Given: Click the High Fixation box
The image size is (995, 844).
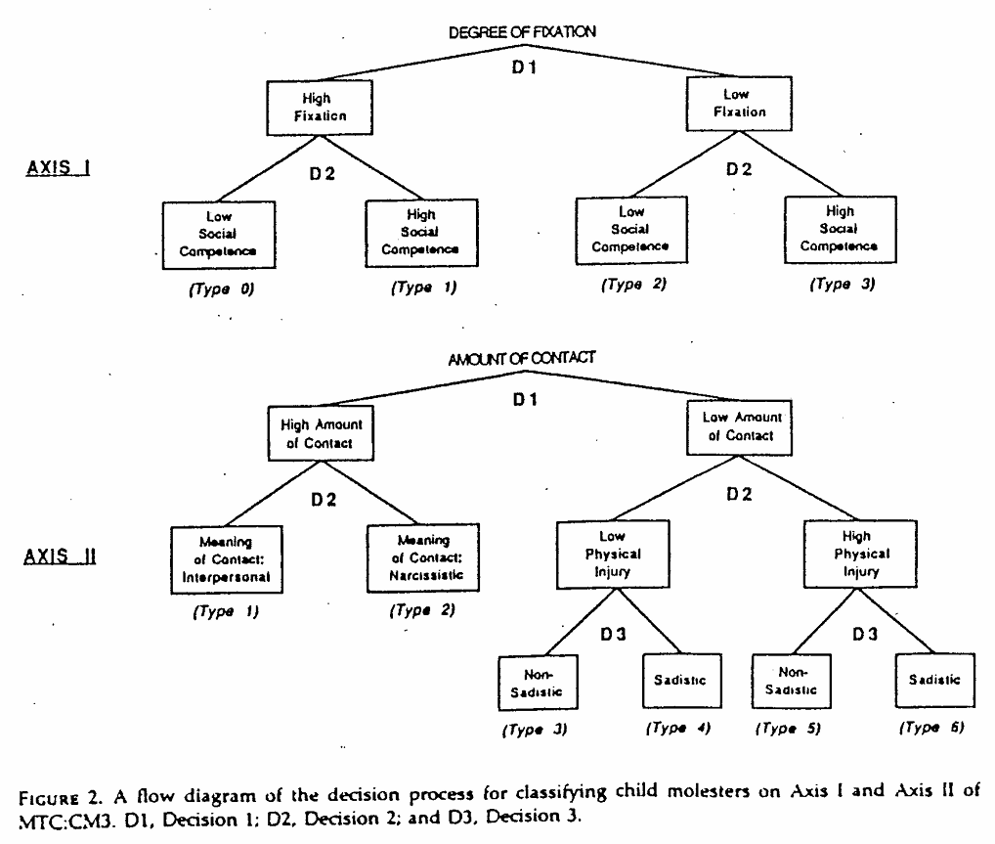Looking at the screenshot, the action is (320, 108).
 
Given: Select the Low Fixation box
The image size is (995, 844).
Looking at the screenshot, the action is (739, 104).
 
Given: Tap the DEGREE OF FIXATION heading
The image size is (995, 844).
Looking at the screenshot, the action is (522, 31).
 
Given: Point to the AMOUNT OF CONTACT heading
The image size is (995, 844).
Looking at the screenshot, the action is (522, 359).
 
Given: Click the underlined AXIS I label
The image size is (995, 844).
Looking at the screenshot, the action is (58, 168).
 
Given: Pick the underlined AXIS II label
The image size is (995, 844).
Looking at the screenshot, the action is (60, 556).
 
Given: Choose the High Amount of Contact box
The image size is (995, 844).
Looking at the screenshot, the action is (321, 433).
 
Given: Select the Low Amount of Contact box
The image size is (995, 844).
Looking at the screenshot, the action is (739, 427).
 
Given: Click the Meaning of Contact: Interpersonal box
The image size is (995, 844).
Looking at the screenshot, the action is (227, 559).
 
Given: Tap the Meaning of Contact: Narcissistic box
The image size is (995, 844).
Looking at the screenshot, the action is (423, 557).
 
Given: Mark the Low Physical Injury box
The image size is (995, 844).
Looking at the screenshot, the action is (613, 555).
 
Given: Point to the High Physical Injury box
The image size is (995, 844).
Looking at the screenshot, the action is (860, 555).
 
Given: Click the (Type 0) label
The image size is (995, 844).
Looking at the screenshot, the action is (222, 289).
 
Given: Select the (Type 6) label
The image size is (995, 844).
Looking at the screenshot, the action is (931, 728).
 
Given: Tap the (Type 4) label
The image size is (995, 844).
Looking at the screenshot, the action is (678, 728).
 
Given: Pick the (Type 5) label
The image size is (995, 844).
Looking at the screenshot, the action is (788, 729).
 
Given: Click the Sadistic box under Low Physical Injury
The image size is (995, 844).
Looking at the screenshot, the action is (682, 681).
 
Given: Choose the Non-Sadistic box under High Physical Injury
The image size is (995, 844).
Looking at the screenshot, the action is (792, 681).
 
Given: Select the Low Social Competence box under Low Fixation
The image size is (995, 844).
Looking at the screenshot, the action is (631, 230).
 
